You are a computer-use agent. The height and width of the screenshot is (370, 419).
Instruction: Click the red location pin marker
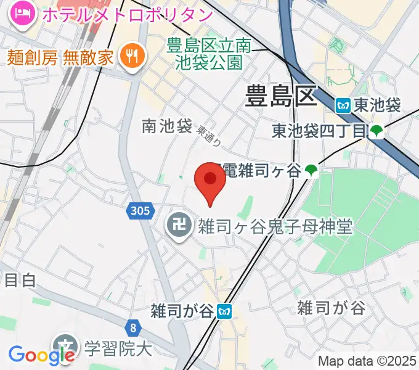(210, 183)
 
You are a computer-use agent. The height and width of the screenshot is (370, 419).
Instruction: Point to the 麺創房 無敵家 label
(61, 58)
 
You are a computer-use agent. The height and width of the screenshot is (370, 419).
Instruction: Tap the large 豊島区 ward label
(280, 96)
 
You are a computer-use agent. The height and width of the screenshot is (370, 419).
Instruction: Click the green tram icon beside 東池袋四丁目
(376, 131)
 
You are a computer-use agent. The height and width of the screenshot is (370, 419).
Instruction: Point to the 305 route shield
(140, 212)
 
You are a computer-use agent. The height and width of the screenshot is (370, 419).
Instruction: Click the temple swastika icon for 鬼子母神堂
(179, 226)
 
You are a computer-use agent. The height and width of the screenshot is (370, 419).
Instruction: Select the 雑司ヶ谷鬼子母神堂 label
(274, 227)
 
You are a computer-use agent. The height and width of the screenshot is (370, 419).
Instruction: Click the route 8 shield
(133, 328)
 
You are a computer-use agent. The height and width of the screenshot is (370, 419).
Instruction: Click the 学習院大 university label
(118, 349)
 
